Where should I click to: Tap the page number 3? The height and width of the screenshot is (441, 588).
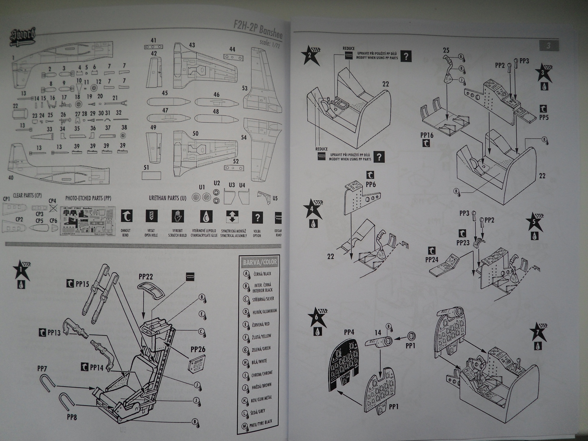[x=548, y=46]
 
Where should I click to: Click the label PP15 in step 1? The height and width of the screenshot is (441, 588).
[x=82, y=284]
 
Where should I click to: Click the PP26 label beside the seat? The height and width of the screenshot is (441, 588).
[x=198, y=349]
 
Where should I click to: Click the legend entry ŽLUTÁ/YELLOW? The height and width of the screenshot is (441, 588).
[x=262, y=337]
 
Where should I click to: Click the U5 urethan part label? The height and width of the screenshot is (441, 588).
[x=275, y=198]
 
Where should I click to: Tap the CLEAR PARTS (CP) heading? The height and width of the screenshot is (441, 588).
[x=28, y=195]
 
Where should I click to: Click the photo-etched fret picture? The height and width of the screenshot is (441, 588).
[x=87, y=221]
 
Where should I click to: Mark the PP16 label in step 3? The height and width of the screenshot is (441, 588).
[x=427, y=135]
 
